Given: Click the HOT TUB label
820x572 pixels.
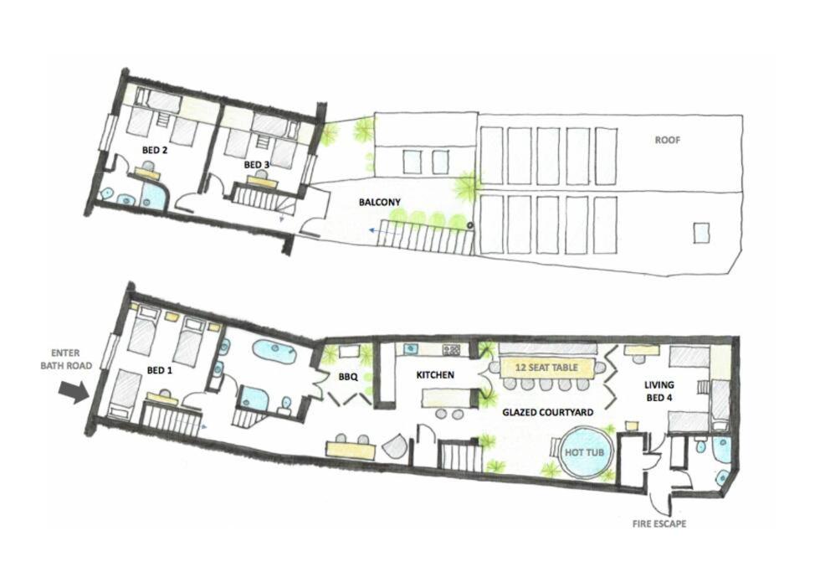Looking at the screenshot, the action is click(x=584, y=452).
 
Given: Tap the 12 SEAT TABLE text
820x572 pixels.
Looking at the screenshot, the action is click(x=546, y=368).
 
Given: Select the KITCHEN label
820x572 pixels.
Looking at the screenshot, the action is click(x=434, y=374).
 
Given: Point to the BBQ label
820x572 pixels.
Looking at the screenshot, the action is click(x=348, y=376).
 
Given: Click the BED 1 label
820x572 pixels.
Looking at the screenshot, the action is click(x=160, y=370).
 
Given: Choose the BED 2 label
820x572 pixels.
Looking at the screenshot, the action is click(x=155, y=150).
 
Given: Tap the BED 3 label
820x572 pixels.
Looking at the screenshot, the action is click(x=256, y=165).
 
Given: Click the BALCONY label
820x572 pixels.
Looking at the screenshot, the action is click(x=380, y=202).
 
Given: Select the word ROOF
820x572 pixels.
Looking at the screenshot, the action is click(x=668, y=140).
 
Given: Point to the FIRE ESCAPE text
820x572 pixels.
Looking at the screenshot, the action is click(x=659, y=523).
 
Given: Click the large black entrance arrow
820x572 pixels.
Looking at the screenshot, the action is click(x=74, y=392).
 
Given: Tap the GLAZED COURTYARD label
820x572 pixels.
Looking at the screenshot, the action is click(x=547, y=412).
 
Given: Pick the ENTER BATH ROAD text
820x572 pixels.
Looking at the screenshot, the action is click(x=66, y=359).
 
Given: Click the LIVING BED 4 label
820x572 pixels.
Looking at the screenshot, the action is click(x=659, y=391).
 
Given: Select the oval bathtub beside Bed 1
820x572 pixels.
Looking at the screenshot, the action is click(x=274, y=351).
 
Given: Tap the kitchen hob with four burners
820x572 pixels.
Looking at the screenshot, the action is click(x=451, y=348).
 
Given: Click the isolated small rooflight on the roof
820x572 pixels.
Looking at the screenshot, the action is click(x=701, y=232).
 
